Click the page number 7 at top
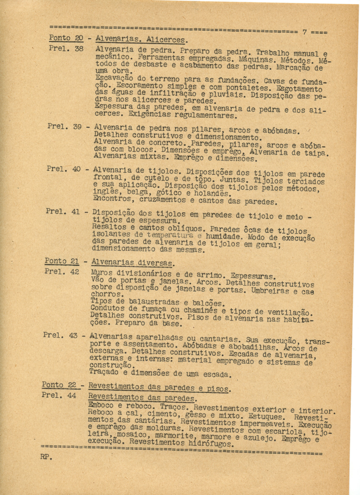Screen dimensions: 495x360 [304, 31]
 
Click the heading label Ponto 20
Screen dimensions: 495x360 [66, 39]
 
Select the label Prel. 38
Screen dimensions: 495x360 [66, 49]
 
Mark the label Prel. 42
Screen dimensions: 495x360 [62, 271]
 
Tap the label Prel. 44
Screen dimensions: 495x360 [59, 395]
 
